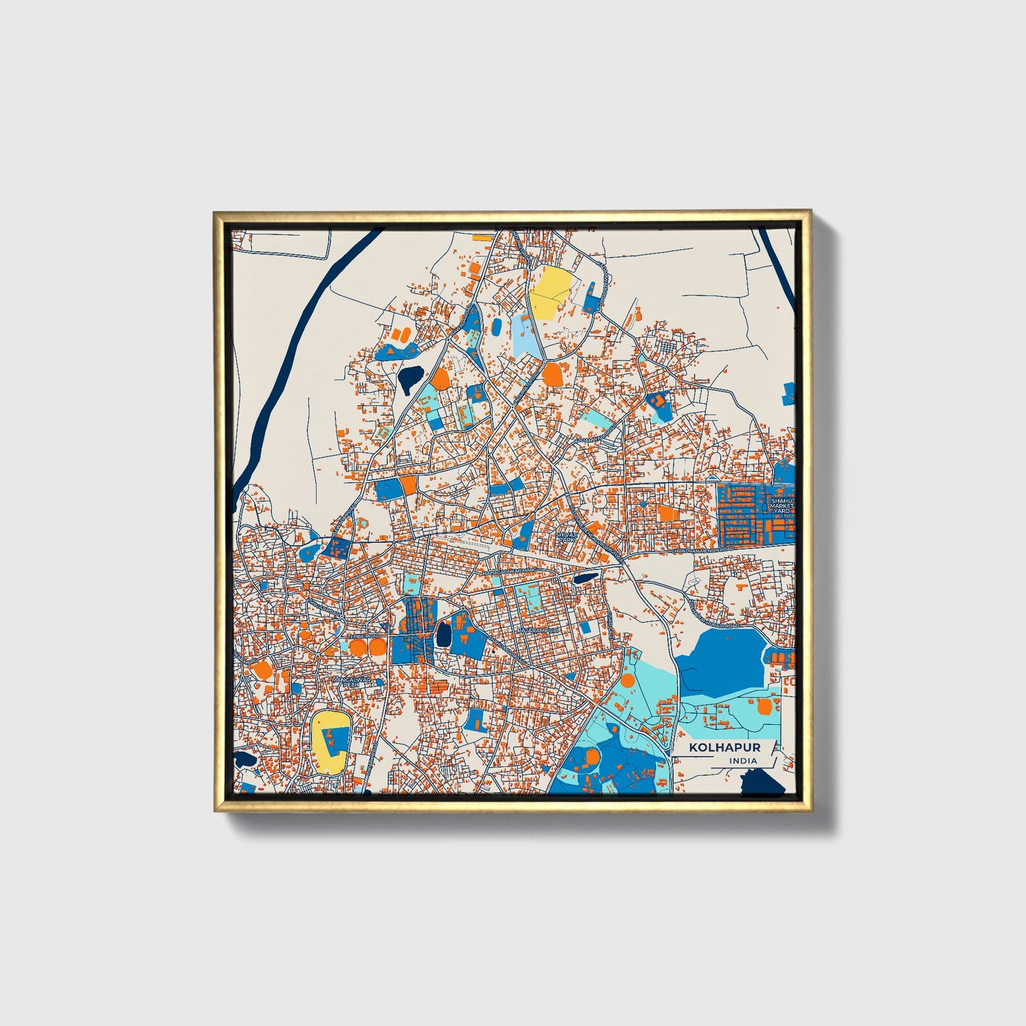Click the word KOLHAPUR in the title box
click(x=715, y=748)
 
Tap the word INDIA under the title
click(x=742, y=761)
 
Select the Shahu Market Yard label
click(x=781, y=506)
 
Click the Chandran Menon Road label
click(x=702, y=550)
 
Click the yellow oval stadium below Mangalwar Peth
click(x=330, y=742)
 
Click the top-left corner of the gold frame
click(x=216, y=213)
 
